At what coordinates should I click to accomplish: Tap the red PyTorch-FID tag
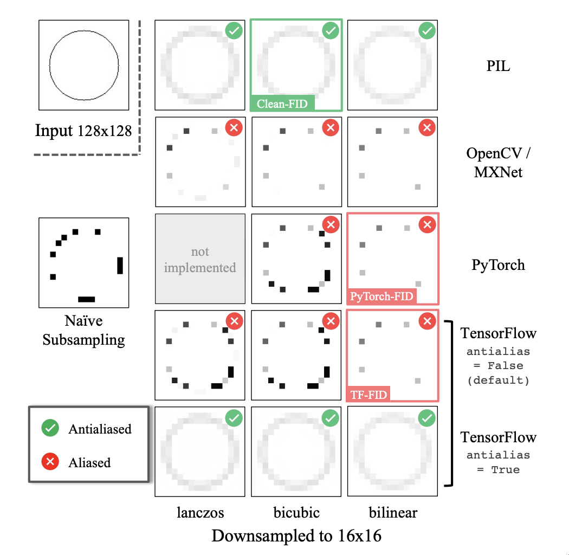coord(382,296)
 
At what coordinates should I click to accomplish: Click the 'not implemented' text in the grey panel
coord(200,260)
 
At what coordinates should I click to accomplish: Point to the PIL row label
coord(498,67)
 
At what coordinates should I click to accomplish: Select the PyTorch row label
coord(498,265)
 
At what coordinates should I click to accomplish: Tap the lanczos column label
coord(200,512)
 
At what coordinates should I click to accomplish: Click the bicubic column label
coord(296,512)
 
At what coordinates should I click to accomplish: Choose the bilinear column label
coord(393,512)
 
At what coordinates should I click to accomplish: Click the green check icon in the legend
coord(50,429)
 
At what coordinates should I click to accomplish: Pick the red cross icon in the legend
coord(50,462)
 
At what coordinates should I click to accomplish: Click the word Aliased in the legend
coord(89,463)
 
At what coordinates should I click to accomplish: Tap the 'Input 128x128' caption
coord(83,131)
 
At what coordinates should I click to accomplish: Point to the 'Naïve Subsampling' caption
coord(83,330)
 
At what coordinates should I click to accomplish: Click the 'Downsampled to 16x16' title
coord(296,536)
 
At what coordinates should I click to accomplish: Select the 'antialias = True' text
coord(498,462)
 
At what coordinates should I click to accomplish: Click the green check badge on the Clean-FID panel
coord(331,31)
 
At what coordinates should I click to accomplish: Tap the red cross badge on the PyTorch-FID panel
coord(427,224)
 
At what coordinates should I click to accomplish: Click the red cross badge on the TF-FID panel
coord(427,321)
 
